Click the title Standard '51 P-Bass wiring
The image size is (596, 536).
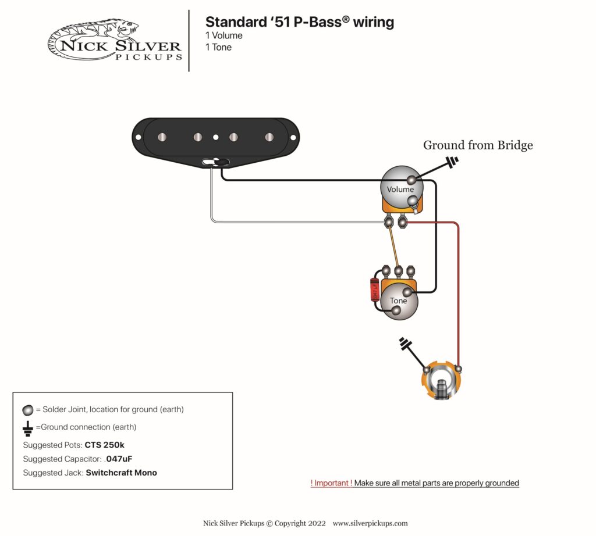299,22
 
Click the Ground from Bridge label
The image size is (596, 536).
477,145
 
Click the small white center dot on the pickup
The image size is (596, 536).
216,137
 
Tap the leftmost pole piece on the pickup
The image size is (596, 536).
162,137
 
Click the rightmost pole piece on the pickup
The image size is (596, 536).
269,137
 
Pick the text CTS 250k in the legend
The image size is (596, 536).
105,445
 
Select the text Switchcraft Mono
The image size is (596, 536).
121,473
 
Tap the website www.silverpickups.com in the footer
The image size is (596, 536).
370,523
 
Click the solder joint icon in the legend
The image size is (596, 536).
27,409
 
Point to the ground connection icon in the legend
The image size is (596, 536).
27,428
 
